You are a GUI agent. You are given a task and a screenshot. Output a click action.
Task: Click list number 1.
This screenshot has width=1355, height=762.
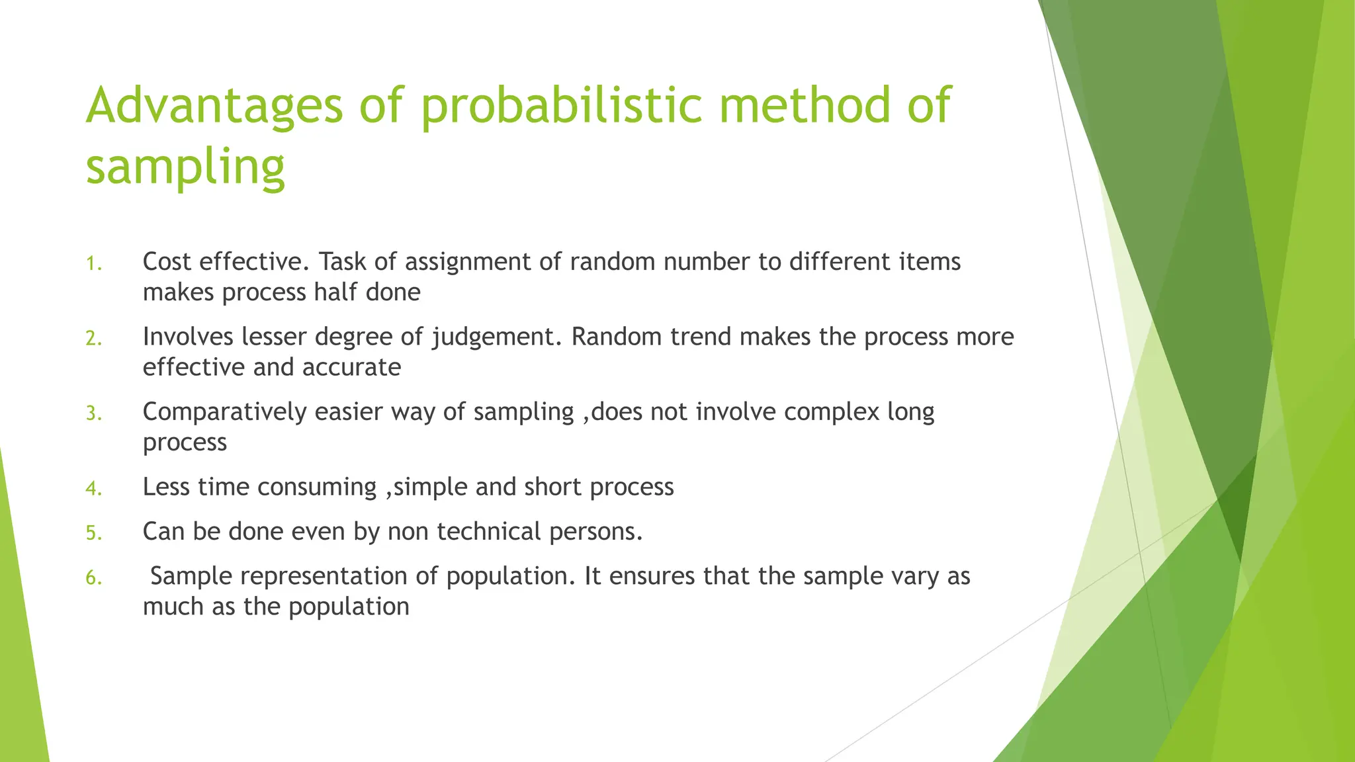coord(93,264)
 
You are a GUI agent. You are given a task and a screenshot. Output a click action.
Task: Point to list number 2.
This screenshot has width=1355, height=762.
coord(93,339)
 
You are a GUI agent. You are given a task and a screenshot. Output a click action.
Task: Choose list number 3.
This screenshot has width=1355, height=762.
coord(93,413)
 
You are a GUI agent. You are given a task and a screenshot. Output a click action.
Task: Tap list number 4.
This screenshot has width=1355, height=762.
coord(93,488)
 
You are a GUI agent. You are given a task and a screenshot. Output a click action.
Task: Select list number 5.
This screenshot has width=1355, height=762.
coord(93,533)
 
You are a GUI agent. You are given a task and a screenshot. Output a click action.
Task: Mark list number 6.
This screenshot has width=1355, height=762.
coord(93,578)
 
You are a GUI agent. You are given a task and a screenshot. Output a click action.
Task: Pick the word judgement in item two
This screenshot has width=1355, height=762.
coord(497,337)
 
